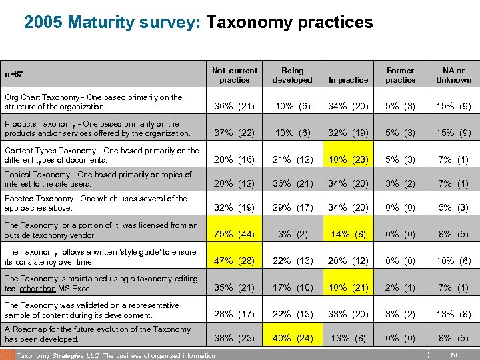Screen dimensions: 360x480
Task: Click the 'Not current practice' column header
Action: (x=234, y=75)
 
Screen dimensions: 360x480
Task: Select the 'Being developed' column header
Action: (x=292, y=75)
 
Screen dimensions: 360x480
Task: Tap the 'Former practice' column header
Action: (x=400, y=75)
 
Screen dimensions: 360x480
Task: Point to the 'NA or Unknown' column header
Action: (x=453, y=75)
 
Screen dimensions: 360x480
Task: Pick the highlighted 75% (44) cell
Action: (x=234, y=235)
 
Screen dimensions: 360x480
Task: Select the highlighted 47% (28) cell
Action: (x=234, y=261)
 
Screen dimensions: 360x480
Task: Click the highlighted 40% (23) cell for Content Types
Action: (x=348, y=160)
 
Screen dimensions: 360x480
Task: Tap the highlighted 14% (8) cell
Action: (x=348, y=235)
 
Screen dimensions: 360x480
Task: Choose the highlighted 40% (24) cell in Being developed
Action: (x=292, y=338)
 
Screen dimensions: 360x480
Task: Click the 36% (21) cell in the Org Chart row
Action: (x=234, y=107)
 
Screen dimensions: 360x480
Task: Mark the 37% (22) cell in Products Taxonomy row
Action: (x=234, y=133)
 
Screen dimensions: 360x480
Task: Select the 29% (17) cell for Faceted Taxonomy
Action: (x=292, y=208)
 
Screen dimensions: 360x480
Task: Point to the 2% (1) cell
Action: (x=400, y=288)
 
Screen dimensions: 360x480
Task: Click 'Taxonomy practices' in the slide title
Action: (x=289, y=23)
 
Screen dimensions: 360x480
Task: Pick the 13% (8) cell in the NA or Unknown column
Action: (x=453, y=315)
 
